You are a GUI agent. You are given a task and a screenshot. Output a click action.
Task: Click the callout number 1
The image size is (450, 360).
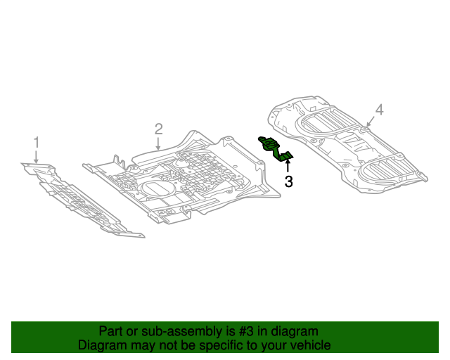[x=37, y=143]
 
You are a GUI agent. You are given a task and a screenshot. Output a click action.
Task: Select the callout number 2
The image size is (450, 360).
[x=159, y=129]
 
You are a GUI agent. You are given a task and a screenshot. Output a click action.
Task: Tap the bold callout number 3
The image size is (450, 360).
[x=288, y=182]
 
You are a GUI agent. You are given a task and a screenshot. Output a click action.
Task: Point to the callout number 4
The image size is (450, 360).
[x=379, y=110]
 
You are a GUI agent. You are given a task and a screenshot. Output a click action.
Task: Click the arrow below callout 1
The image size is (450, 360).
[x=37, y=157]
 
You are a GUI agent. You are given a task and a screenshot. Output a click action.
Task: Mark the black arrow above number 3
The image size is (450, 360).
[x=288, y=167]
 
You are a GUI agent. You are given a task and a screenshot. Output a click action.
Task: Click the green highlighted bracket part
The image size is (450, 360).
[x=276, y=148]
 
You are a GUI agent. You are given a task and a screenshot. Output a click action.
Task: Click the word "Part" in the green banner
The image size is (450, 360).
[x=112, y=331]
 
